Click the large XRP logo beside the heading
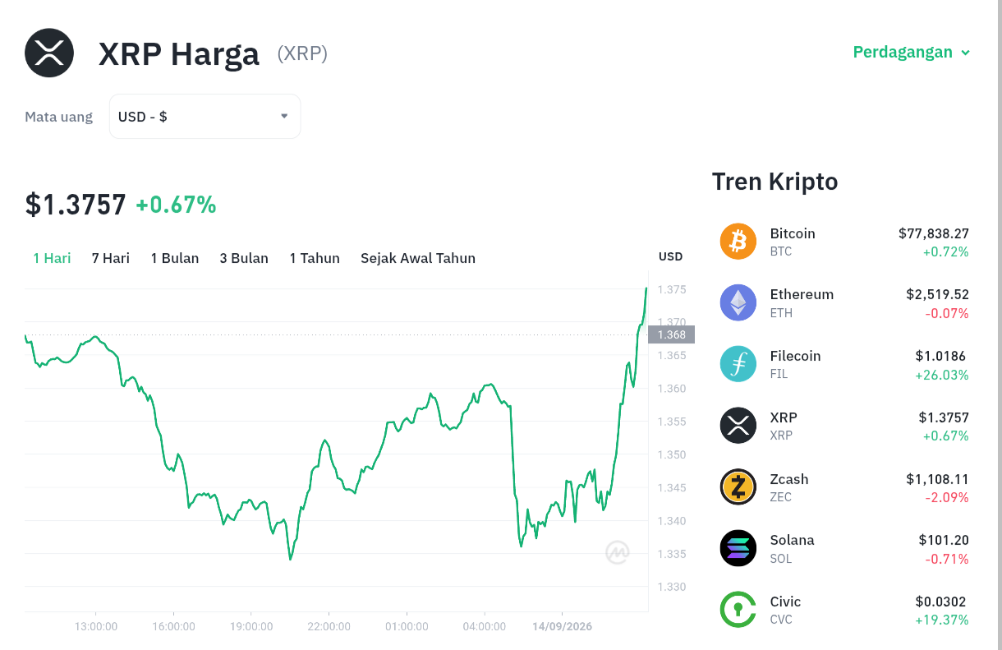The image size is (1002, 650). pyautogui.click(x=49, y=53)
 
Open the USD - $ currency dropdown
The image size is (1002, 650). pyautogui.click(x=205, y=117)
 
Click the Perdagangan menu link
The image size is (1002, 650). pyautogui.click(x=911, y=53)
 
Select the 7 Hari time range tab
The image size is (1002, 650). pyautogui.click(x=111, y=258)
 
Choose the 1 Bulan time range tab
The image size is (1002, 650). pyautogui.click(x=174, y=258)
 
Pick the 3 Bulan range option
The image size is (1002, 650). pyautogui.click(x=244, y=258)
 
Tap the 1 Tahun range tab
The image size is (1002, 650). pyautogui.click(x=315, y=258)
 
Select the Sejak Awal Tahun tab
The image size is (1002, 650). pyautogui.click(x=418, y=258)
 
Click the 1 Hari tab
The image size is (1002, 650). pyautogui.click(x=52, y=258)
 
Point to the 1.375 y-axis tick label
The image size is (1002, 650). pyautogui.click(x=672, y=289)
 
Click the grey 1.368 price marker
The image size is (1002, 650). pyautogui.click(x=672, y=334)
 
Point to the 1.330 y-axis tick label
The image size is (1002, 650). pyautogui.click(x=672, y=587)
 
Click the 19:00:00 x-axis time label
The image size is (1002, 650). pyautogui.click(x=251, y=626)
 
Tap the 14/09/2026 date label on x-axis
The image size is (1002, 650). pyautogui.click(x=562, y=626)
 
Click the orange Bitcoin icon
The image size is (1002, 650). pyautogui.click(x=738, y=242)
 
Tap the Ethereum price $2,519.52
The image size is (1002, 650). pyautogui.click(x=937, y=294)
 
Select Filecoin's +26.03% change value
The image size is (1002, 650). pyautogui.click(x=941, y=375)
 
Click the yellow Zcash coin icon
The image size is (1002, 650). pyautogui.click(x=738, y=486)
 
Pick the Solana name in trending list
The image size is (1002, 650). pyautogui.click(x=792, y=541)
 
